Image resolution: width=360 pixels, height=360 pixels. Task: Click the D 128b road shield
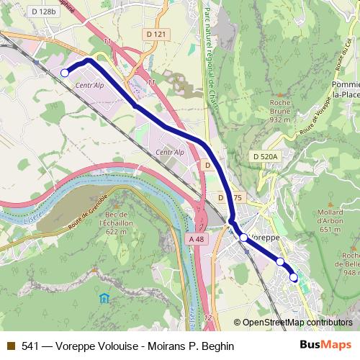tap(42, 12)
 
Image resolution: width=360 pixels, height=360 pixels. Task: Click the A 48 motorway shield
tap(195, 238)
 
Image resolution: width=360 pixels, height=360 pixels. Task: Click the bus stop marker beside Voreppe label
tap(243, 237)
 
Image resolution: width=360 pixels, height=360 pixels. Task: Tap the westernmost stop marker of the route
tap(64, 73)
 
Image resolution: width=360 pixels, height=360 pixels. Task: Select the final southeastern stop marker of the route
tap(294, 277)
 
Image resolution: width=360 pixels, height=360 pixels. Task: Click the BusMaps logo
tap(326, 345)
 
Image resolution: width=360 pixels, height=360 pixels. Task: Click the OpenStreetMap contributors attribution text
tap(295, 322)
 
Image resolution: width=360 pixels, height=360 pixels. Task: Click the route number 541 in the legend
tap(31, 346)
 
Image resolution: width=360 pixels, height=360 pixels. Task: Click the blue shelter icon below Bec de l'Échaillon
tap(105, 298)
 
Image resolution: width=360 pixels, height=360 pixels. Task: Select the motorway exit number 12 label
tap(208, 317)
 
